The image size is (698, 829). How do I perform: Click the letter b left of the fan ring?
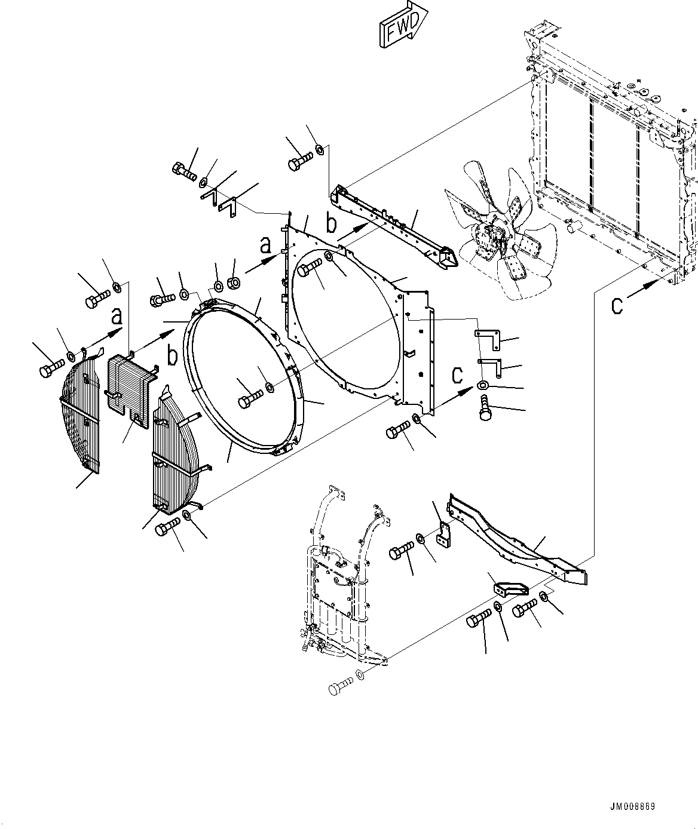(x=172, y=357)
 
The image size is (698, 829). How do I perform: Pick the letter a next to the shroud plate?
(x=266, y=245)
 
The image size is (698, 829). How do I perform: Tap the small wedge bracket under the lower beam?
(x=510, y=589)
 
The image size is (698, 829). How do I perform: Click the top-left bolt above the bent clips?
(x=184, y=171)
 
